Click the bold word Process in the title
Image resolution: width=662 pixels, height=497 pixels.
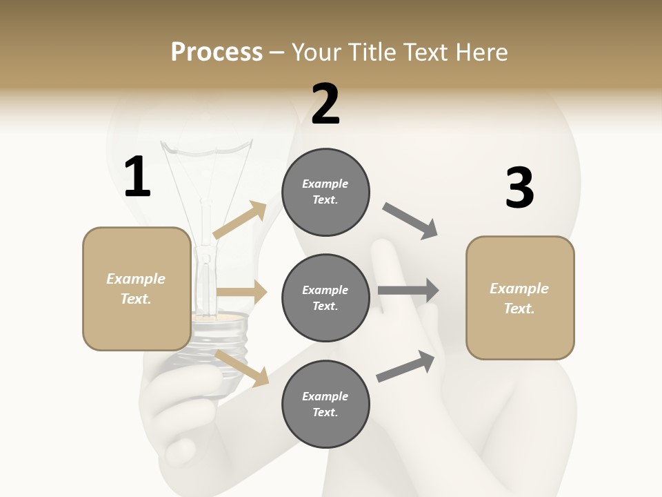(217, 52)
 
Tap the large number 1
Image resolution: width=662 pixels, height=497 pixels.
(137, 177)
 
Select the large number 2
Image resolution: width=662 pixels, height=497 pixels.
(325, 104)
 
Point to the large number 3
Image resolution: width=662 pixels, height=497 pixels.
(519, 188)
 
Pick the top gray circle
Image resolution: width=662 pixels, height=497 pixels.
(325, 192)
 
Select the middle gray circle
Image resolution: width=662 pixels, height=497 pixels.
(325, 298)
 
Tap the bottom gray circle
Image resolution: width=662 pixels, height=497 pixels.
(325, 404)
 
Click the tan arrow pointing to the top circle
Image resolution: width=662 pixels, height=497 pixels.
(240, 221)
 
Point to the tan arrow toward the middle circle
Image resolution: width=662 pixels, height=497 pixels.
(241, 293)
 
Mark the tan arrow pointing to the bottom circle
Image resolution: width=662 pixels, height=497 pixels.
(242, 367)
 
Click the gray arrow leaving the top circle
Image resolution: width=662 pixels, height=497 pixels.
(411, 221)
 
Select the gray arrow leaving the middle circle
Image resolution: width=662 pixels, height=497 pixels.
(408, 290)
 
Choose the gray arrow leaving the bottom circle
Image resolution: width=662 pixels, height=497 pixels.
(406, 366)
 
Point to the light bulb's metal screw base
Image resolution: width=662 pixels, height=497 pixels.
(219, 345)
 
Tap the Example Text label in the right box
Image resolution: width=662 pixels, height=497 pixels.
(519, 298)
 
